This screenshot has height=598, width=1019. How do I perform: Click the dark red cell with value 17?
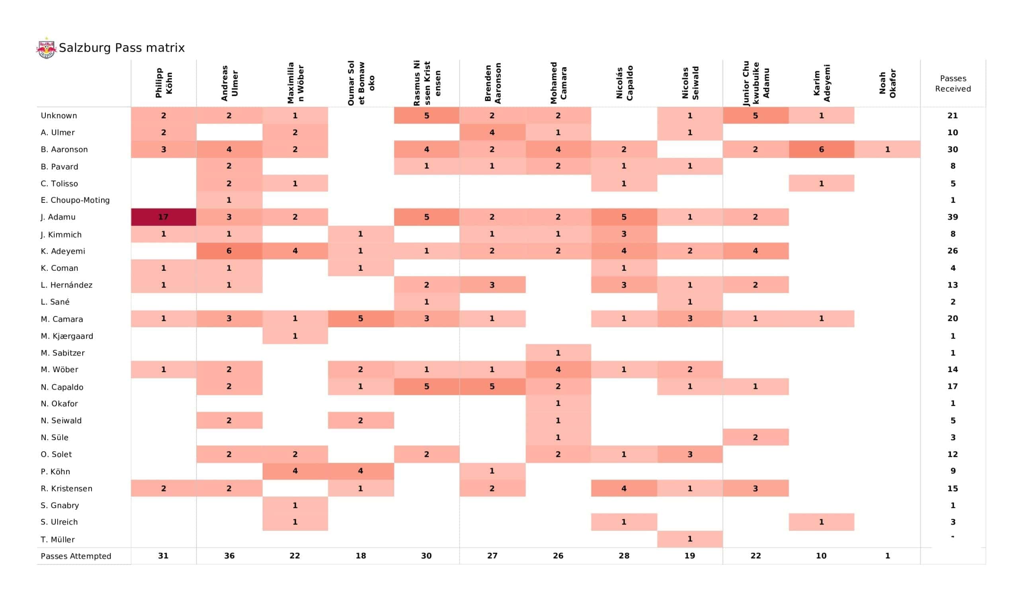(163, 217)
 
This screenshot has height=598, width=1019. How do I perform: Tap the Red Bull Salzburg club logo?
(47, 48)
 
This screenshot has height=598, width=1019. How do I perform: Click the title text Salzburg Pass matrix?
(122, 48)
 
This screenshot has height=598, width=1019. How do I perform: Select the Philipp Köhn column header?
(163, 83)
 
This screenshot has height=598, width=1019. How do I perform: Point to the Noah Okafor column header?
(887, 83)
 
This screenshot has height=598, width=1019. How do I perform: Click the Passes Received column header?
(953, 83)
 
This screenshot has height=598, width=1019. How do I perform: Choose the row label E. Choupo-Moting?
(75, 200)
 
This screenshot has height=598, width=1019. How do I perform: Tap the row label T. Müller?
(57, 540)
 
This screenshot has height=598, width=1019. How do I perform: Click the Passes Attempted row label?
(76, 556)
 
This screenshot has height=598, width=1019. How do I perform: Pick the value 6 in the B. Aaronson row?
(821, 149)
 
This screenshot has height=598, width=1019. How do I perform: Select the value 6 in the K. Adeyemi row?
(229, 251)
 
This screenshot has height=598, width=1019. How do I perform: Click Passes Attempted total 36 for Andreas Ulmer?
(229, 556)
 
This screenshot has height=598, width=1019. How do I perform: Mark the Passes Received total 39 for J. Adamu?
(953, 217)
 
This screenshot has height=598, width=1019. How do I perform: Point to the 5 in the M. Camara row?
(360, 319)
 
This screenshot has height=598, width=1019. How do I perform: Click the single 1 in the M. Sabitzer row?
(558, 353)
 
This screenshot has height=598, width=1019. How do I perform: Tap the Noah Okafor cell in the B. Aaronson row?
(887, 149)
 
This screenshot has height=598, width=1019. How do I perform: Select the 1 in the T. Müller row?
(690, 539)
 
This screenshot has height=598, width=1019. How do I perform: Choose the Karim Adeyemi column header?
(821, 83)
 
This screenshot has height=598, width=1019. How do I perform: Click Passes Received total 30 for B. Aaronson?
(953, 149)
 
